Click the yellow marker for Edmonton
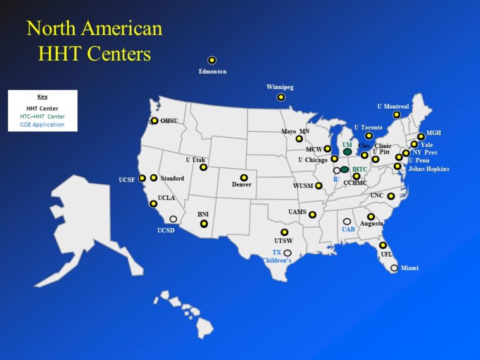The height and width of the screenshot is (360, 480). click(212, 61)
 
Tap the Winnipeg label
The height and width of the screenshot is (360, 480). click(279, 87)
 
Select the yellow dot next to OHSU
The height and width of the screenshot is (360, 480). click(154, 121)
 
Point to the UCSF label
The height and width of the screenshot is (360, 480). click(127, 180)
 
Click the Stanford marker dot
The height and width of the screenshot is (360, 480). click(154, 178)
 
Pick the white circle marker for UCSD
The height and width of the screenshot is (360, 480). click(173, 219)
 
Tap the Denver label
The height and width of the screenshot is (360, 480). click(241, 185)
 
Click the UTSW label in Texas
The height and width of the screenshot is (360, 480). click(283, 241)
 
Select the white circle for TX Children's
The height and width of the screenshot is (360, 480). click(287, 252)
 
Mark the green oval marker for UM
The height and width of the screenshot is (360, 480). click(347, 152)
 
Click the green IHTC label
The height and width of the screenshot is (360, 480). click(359, 169)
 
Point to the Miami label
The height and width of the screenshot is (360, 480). click(410, 268)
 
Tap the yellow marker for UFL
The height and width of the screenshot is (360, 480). click(382, 246)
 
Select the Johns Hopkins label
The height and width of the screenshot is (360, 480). click(428, 169)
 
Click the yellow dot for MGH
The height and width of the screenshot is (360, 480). click(421, 136)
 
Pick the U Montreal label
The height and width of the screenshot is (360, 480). click(393, 106)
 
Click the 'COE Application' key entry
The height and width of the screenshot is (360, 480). click(42, 124)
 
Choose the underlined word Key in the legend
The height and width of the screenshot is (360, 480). click(42, 97)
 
